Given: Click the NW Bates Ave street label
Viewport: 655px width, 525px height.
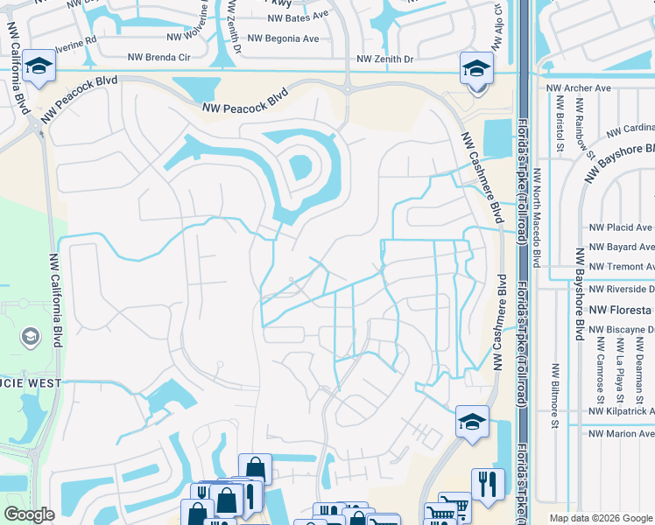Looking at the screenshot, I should coord(298,16).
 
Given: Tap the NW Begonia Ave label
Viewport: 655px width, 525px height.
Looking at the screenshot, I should coord(284,38).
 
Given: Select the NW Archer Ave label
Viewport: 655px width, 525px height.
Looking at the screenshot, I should coord(578,88).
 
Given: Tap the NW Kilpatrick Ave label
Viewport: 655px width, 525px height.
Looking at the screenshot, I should coord(622,410).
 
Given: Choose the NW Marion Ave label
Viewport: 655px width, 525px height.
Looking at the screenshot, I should coord(622,433).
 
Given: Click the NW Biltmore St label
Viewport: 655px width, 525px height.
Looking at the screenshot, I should coord(554,396).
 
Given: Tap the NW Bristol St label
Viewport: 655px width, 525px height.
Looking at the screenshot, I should coord(558,122).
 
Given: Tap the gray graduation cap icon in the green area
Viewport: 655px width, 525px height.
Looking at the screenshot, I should coord(31,336).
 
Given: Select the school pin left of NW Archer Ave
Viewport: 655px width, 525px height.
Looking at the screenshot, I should coord(475,69).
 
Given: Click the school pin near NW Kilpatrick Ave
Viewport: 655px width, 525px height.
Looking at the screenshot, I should coord(471,422).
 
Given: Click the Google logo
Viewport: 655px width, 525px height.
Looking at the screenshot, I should coord(29,514).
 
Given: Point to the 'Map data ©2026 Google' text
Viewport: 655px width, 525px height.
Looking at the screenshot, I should coord(600,518).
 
